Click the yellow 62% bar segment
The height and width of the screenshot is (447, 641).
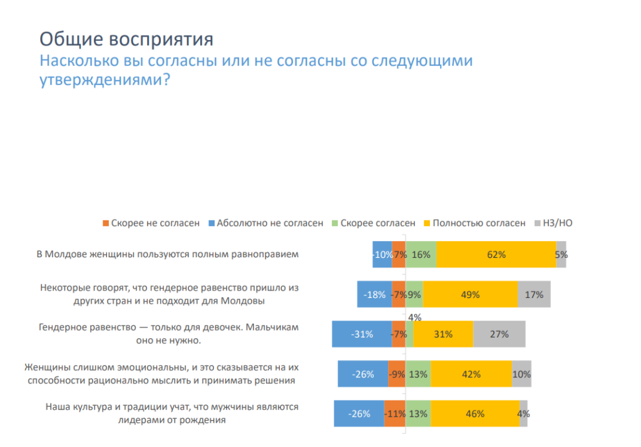[x=496, y=254]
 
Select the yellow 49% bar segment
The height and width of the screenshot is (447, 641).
[x=470, y=294]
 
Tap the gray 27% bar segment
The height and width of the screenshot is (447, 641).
[x=499, y=334]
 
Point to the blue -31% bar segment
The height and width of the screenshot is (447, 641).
[x=362, y=334]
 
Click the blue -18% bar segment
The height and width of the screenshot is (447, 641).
[x=374, y=294]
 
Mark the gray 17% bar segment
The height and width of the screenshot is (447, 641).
[x=534, y=294]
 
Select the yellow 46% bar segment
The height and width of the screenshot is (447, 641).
[x=475, y=413]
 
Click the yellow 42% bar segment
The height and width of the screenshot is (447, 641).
[x=471, y=374]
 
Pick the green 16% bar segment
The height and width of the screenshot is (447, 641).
[x=421, y=254]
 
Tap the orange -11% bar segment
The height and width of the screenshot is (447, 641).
[x=394, y=413]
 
